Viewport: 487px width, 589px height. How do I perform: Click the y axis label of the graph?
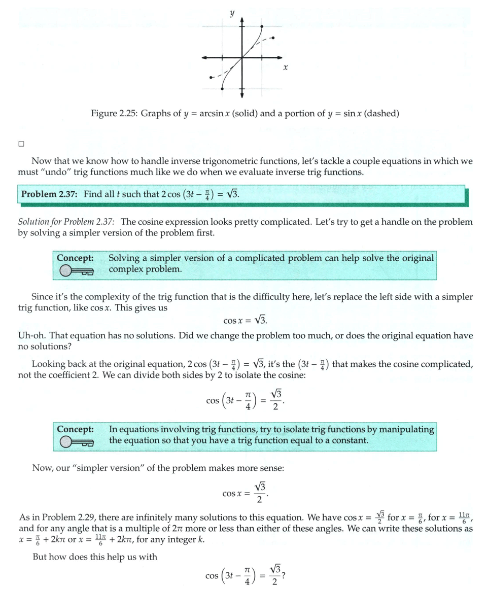(232, 14)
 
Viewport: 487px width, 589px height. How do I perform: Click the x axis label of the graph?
(286, 67)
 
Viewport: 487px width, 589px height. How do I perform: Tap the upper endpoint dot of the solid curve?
(261, 25)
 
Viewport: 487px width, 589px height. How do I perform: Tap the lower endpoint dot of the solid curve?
(222, 89)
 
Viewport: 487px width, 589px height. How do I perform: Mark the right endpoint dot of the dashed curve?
(274, 38)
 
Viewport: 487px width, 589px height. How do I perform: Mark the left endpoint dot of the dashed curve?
(211, 77)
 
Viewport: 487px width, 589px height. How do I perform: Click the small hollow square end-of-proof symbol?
(21, 144)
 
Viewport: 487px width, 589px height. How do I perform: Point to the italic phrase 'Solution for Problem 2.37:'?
(67, 222)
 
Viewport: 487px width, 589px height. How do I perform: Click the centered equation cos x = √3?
(245, 321)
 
